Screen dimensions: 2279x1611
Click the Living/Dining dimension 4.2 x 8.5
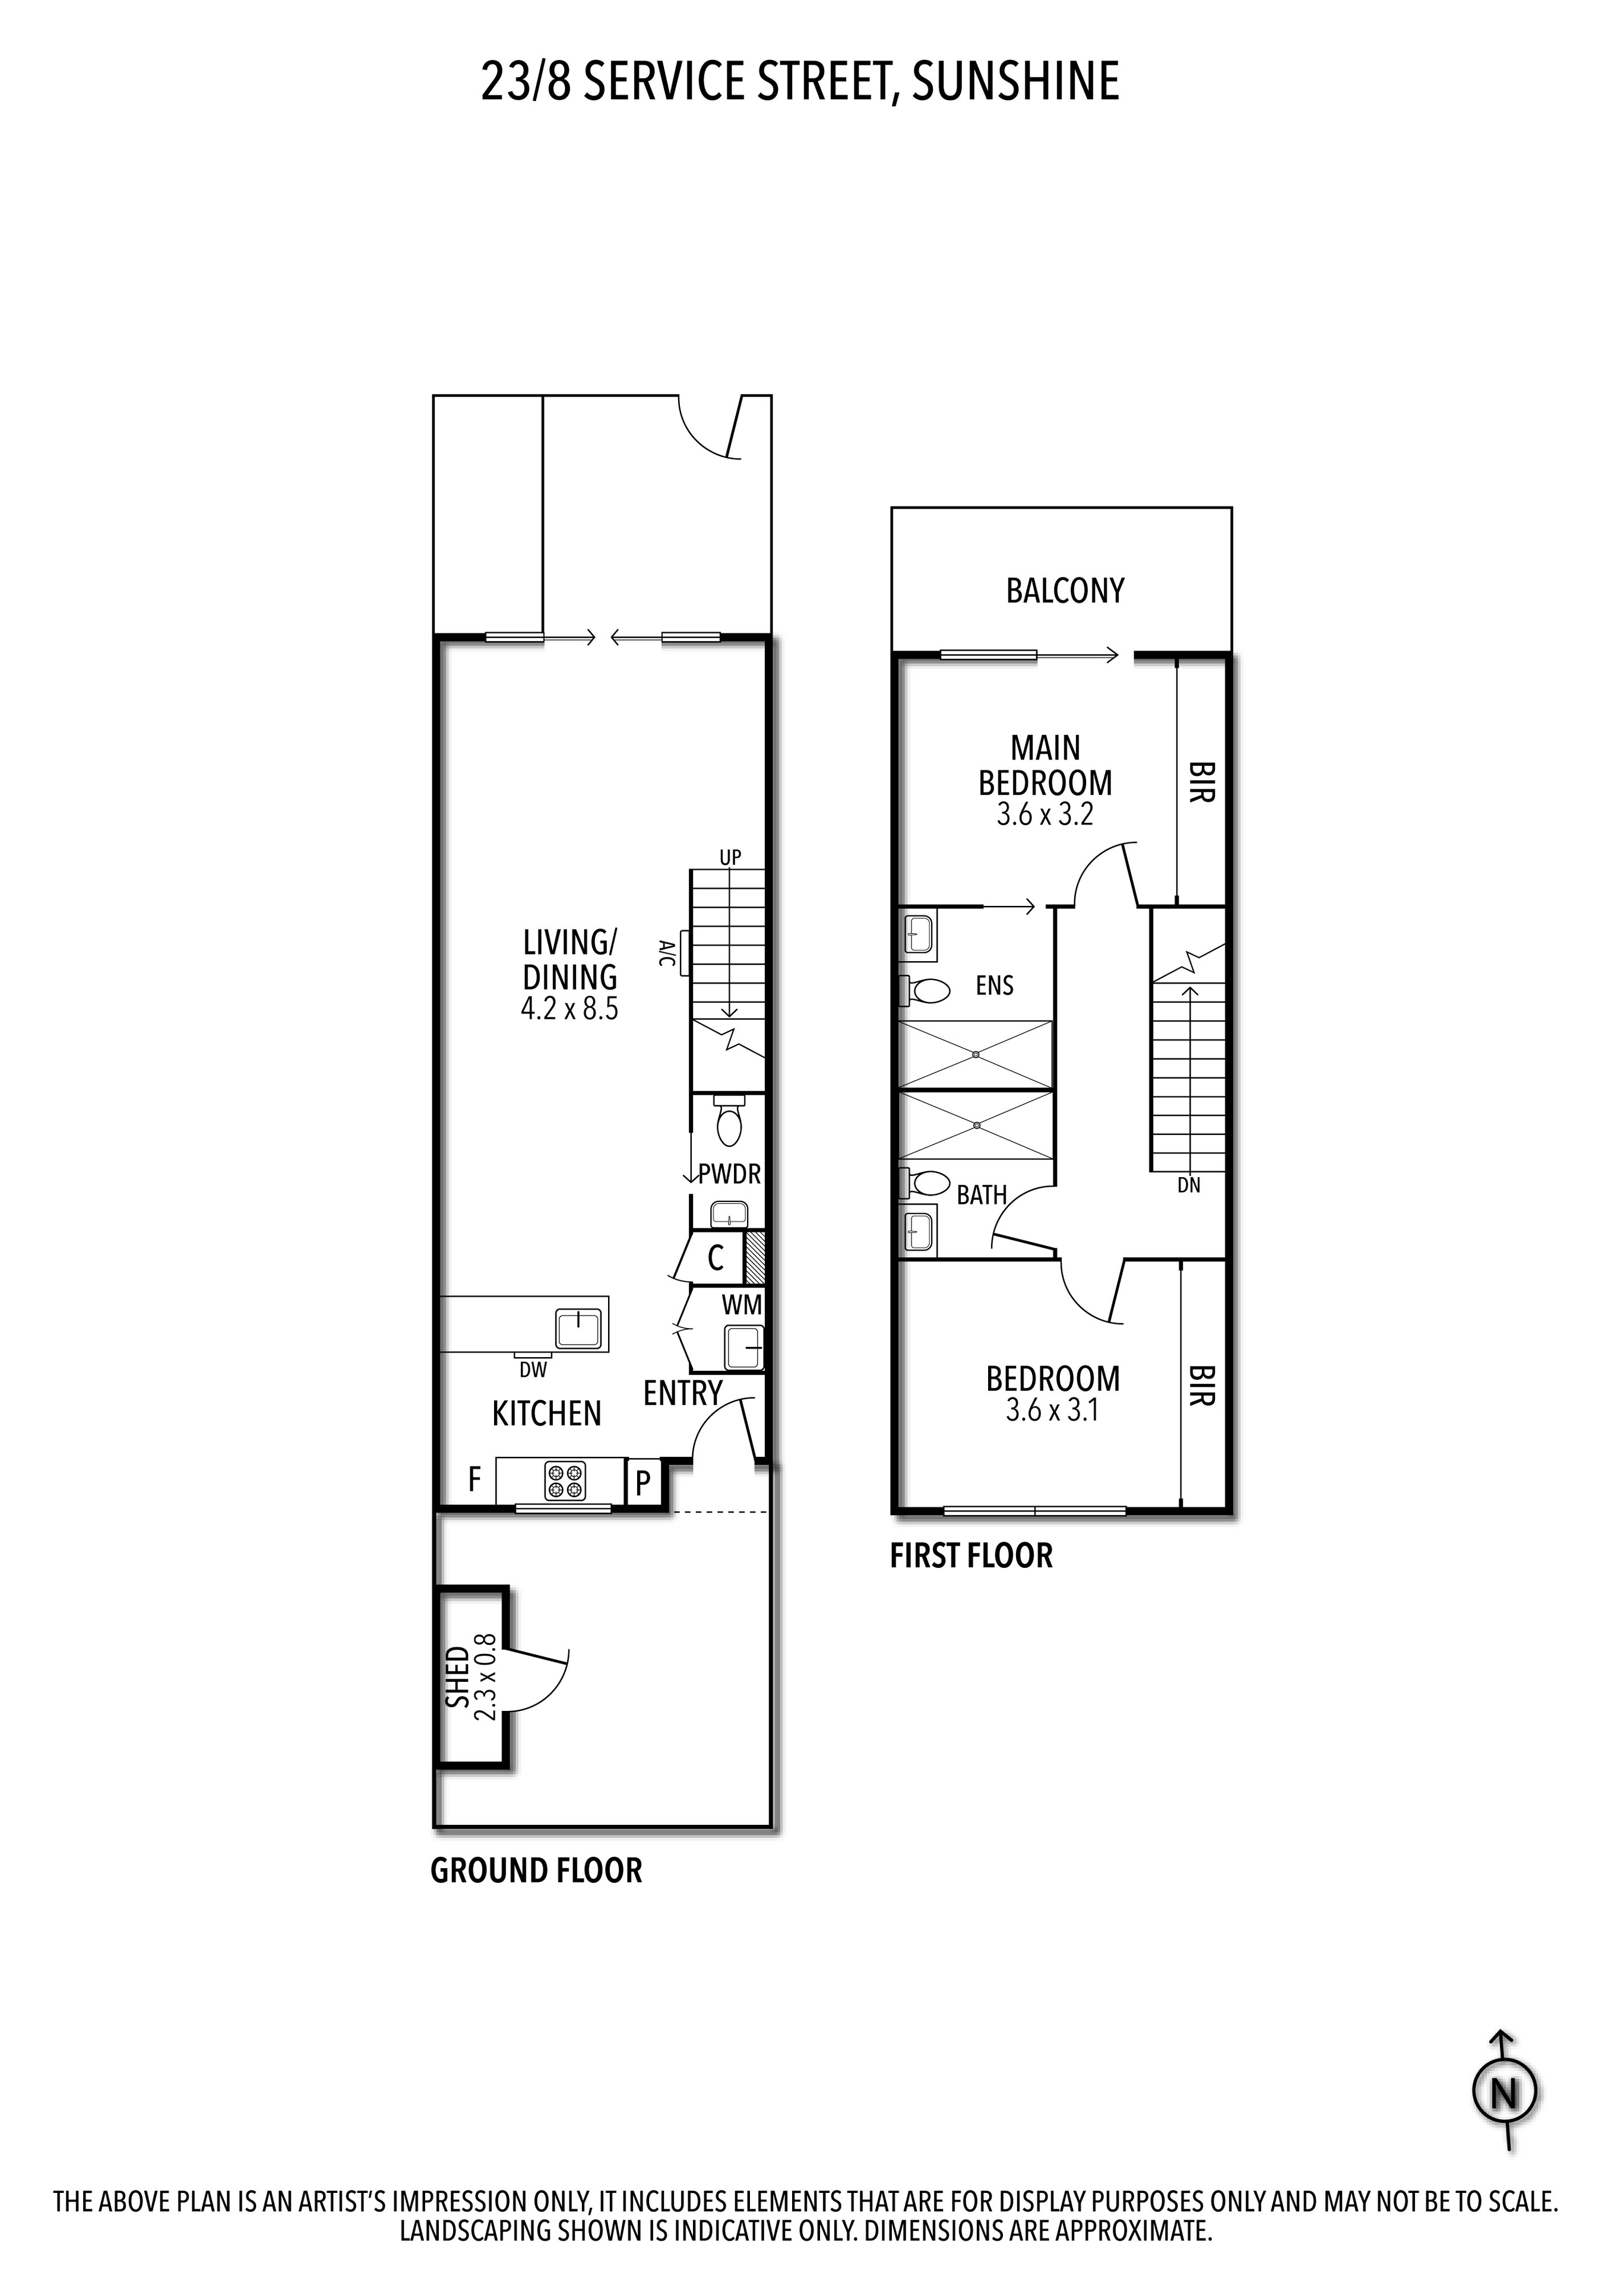(x=569, y=1009)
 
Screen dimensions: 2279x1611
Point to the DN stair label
(x=1188, y=1185)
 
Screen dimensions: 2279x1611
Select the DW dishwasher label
(x=533, y=1370)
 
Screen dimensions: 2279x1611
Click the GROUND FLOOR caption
(x=536, y=1871)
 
